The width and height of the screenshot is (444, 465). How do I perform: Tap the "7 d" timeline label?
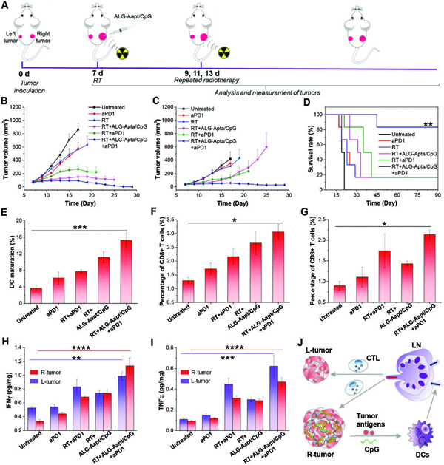tap(97, 76)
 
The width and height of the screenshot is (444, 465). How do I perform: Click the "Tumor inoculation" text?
tap(31, 86)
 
